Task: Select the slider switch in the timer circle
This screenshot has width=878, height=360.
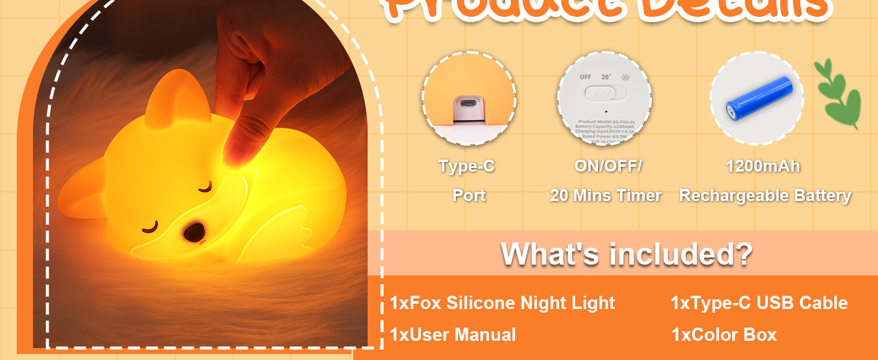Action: coord(605,93)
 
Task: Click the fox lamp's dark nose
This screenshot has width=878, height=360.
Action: coord(193,232)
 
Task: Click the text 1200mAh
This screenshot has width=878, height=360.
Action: coord(763,166)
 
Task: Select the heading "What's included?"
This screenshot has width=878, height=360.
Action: coord(626,253)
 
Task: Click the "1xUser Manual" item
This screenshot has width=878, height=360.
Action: coord(453,335)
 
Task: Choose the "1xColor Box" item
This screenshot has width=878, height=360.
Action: coord(724,335)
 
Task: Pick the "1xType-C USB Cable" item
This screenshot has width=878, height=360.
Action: coord(759,303)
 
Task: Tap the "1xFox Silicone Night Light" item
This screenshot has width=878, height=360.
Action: coord(502,303)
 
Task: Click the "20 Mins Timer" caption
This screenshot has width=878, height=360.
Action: coord(606,196)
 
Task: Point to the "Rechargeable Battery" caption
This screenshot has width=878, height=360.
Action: coord(765,196)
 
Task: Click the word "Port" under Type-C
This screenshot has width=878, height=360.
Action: coord(468,196)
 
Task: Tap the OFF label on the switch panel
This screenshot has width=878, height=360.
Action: coord(585,77)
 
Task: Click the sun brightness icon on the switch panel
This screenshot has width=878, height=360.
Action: coord(626,77)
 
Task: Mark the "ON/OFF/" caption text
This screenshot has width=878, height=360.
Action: coord(608,166)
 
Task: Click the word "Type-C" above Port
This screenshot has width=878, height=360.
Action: coord(467,166)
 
